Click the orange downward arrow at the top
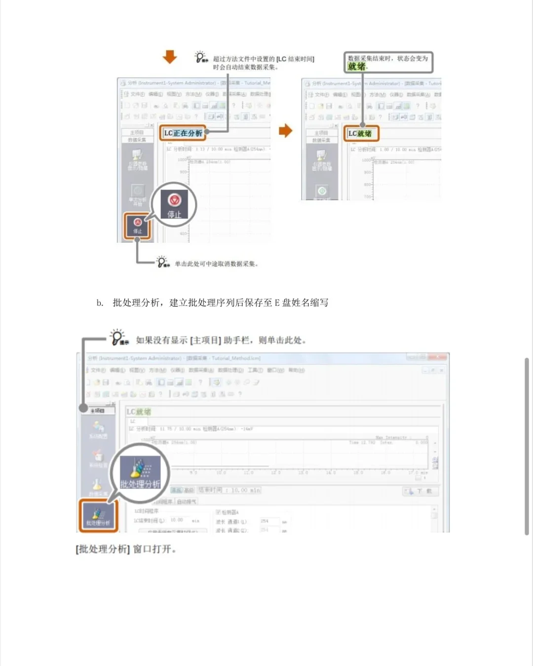coord(170,57)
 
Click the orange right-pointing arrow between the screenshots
coord(285,131)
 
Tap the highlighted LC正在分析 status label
coord(183,133)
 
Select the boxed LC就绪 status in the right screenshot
coord(360,134)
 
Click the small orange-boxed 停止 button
coord(137,226)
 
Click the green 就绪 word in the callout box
coord(357,67)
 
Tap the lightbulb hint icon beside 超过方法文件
coord(201,57)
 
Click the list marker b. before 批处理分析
coord(100,303)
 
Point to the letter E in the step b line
coord(277,303)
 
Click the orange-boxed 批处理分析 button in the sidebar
coord(98,516)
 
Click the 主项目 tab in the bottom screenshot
coord(97,410)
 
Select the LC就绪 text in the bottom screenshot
coord(139,412)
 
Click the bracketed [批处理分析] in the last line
coord(103,549)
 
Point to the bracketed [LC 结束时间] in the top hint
coord(295,59)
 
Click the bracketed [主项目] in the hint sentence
coord(205,340)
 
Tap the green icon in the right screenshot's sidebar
coord(322,190)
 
